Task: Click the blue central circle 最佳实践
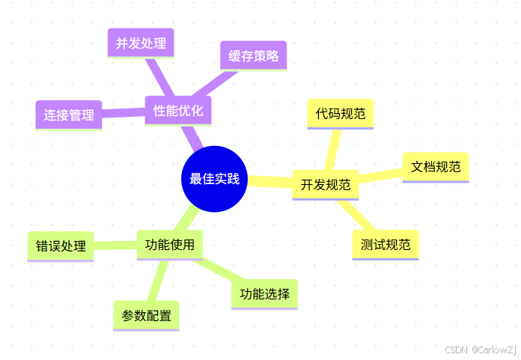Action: (215, 178)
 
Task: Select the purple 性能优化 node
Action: (177, 111)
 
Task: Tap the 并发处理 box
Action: (140, 43)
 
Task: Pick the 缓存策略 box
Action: (253, 55)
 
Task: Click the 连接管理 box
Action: (68, 115)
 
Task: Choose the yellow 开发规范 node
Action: (325, 184)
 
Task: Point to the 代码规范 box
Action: (341, 114)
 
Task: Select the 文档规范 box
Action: (435, 167)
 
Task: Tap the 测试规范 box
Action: (385, 244)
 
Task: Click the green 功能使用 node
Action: (169, 244)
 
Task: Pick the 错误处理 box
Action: (60, 245)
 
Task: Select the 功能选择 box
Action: (264, 293)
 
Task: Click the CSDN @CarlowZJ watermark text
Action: (479, 350)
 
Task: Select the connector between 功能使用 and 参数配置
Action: (157, 280)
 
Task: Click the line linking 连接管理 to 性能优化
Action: (123, 113)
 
